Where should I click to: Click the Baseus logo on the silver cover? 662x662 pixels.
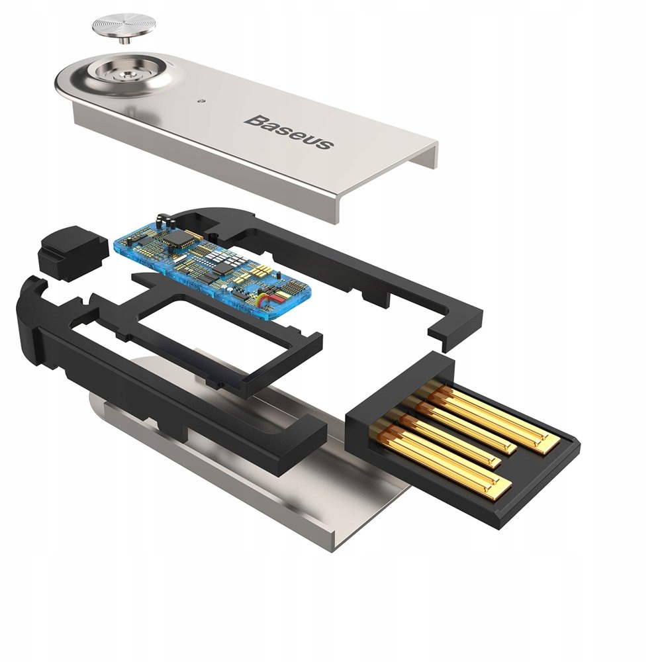click(289, 131)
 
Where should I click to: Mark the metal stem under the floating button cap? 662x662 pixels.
click(123, 41)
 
